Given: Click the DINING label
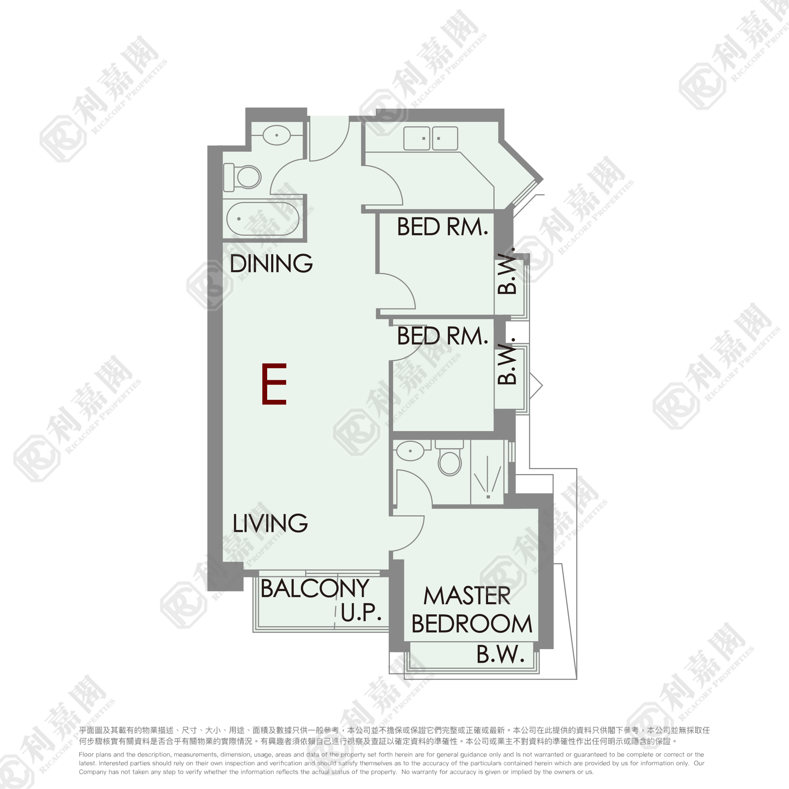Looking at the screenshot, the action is pyautogui.click(x=271, y=263).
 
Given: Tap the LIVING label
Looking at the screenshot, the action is pyautogui.click(x=270, y=523).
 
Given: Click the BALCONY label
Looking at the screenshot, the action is pyautogui.click(x=315, y=589).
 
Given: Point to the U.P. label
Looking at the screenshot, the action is pyautogui.click(x=361, y=612).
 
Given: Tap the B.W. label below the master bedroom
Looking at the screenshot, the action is pyautogui.click(x=500, y=654).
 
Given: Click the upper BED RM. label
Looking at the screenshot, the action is pyautogui.click(x=443, y=227).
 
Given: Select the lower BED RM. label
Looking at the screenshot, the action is pyautogui.click(x=443, y=336).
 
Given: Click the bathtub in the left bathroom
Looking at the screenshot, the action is pyautogui.click(x=263, y=219).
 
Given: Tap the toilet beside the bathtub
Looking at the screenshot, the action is pyautogui.click(x=242, y=177).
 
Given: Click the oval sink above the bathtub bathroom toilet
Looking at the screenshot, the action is pyautogui.click(x=277, y=135).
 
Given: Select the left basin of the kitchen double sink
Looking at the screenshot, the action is pyautogui.click(x=416, y=138).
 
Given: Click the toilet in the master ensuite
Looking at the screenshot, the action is pyautogui.click(x=450, y=458).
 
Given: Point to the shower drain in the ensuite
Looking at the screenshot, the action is pyautogui.click(x=488, y=497).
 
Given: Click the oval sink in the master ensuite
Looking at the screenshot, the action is pyautogui.click(x=410, y=451).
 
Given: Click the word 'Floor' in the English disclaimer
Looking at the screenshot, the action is pyautogui.click(x=86, y=754).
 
